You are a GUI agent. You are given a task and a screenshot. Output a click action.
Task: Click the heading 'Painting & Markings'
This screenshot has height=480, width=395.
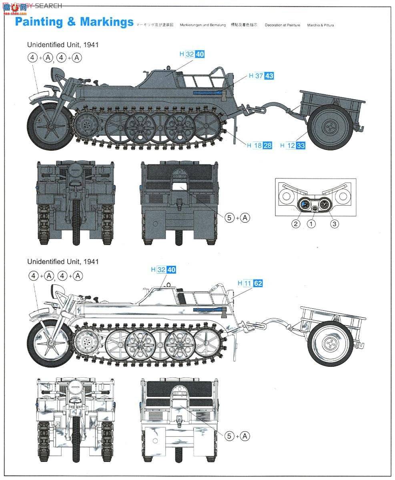74,22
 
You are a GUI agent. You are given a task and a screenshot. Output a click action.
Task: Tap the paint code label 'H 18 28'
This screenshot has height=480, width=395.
259,146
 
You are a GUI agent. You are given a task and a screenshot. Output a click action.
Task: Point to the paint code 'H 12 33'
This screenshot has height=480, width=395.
293,146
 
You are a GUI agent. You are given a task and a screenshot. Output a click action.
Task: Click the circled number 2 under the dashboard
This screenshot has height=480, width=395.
295,224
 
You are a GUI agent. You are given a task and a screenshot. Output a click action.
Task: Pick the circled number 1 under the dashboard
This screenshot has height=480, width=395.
311,224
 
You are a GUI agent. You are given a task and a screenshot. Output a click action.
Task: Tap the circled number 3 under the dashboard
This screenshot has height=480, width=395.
334,224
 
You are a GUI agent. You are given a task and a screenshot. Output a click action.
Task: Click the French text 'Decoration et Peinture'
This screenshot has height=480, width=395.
282,25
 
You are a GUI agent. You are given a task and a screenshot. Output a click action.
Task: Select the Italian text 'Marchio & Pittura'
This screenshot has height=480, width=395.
321,25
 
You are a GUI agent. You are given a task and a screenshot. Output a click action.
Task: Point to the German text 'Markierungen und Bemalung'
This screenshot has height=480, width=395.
200,25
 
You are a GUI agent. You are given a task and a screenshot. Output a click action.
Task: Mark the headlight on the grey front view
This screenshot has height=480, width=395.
75,174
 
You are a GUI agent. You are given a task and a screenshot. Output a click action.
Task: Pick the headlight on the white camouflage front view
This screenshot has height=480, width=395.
75,389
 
